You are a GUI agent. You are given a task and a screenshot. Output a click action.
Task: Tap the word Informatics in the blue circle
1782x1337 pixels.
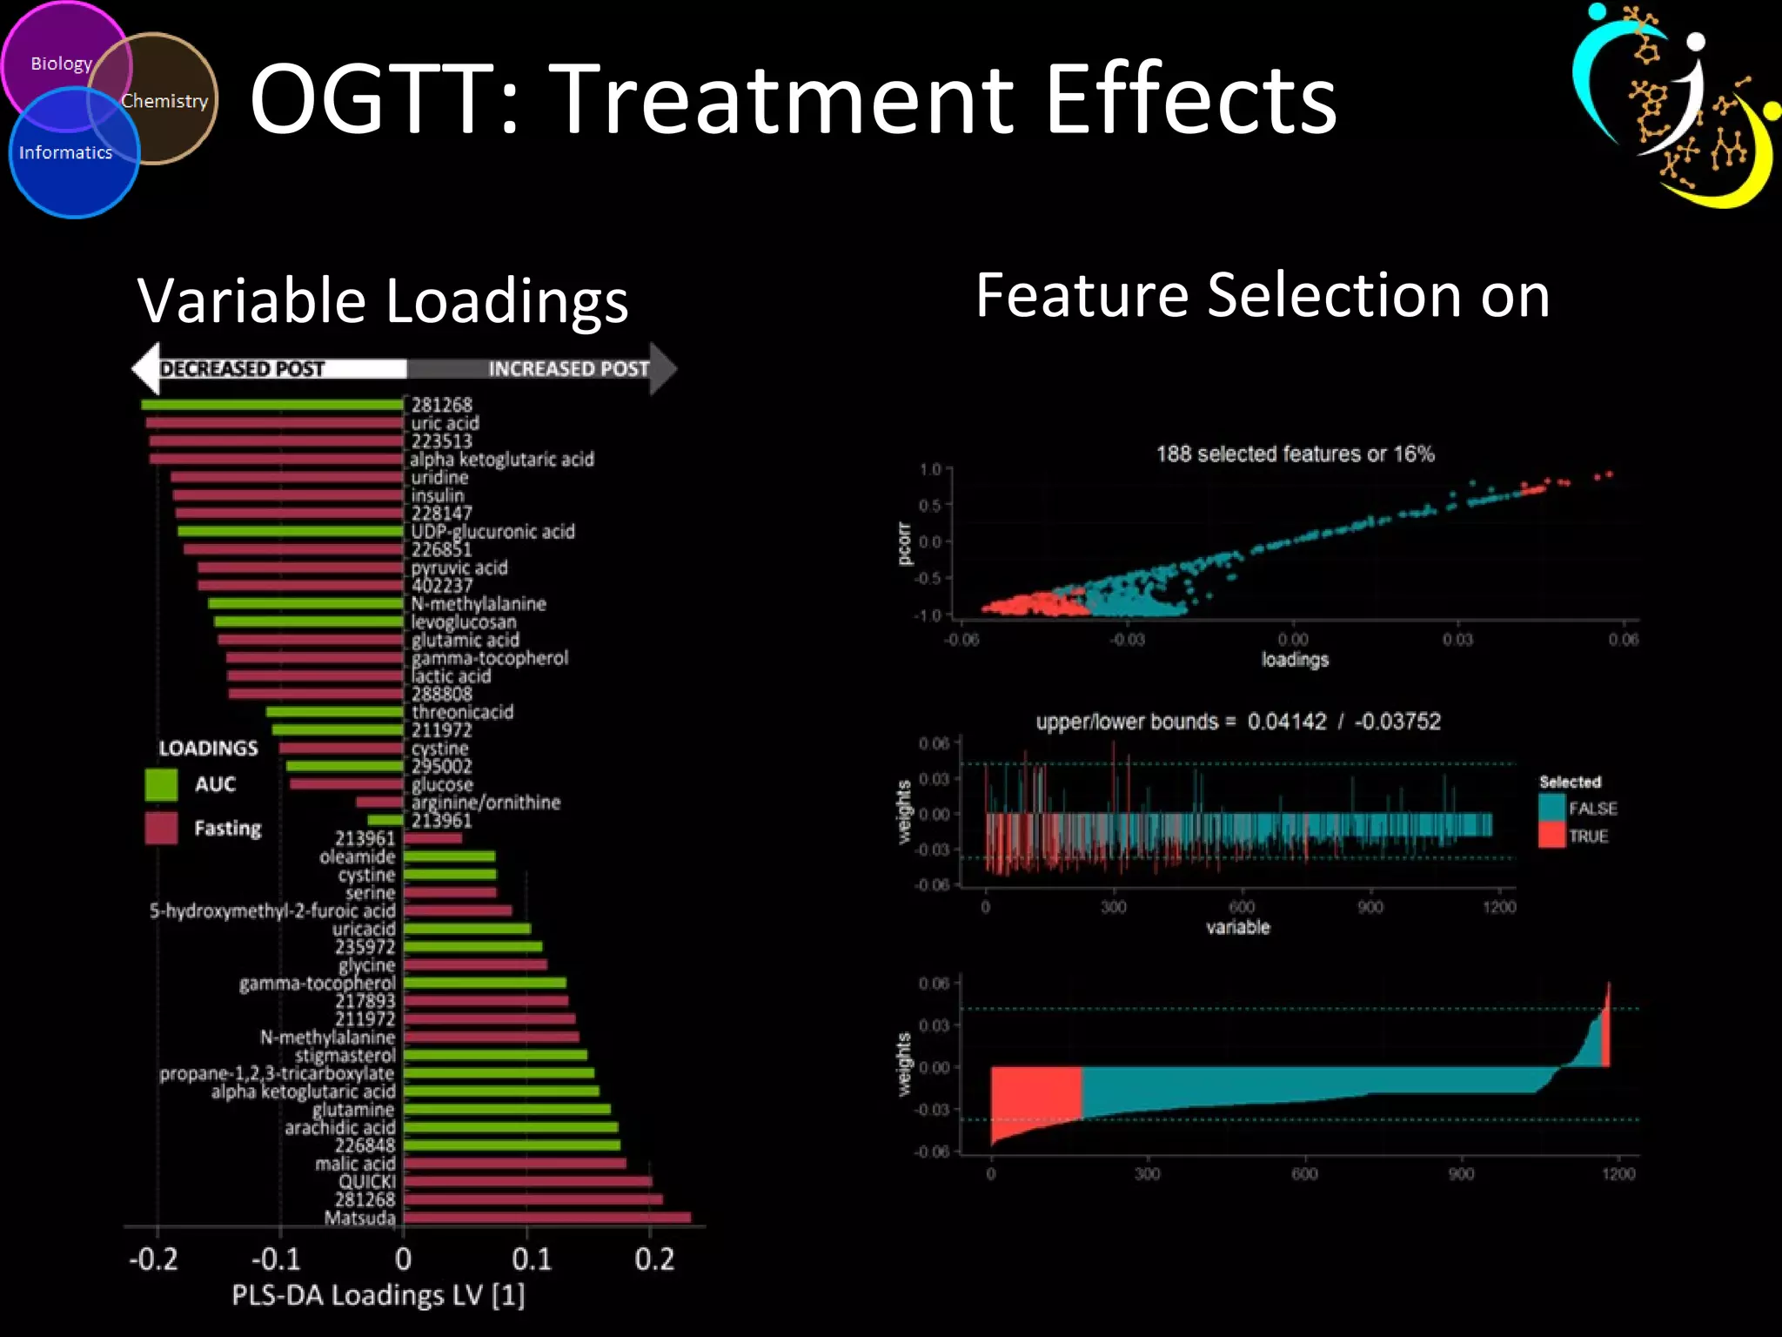click(x=66, y=152)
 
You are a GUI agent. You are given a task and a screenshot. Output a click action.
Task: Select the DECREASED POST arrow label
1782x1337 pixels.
click(x=242, y=369)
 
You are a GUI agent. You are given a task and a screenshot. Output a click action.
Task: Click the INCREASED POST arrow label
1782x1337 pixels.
click(x=568, y=369)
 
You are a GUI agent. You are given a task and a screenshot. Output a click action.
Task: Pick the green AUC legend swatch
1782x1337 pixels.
click(x=161, y=784)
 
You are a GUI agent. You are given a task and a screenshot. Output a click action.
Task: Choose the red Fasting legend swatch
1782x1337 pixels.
click(x=161, y=828)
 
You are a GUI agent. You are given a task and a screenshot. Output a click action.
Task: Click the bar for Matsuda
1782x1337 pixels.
click(x=546, y=1218)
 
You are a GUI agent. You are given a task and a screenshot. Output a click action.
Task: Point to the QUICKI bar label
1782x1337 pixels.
click(x=367, y=1181)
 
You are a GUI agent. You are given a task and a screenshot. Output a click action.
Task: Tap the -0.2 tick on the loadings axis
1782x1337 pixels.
click(x=154, y=1259)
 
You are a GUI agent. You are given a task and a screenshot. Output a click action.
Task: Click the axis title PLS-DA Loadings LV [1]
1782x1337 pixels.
click(x=379, y=1295)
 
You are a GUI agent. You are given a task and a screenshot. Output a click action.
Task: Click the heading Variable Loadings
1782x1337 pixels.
click(x=383, y=300)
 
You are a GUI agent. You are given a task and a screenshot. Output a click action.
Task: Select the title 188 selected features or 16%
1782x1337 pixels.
click(x=1295, y=454)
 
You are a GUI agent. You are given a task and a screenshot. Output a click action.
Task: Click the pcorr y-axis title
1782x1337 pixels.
click(x=904, y=543)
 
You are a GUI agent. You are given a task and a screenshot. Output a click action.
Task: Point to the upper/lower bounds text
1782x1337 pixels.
click(x=1237, y=722)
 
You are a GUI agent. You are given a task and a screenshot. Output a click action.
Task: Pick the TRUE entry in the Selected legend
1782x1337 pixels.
click(x=1587, y=836)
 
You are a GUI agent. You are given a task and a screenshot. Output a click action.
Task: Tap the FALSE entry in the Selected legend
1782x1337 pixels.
click(x=1591, y=809)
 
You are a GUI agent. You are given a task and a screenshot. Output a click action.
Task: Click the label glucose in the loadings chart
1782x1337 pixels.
click(x=442, y=784)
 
